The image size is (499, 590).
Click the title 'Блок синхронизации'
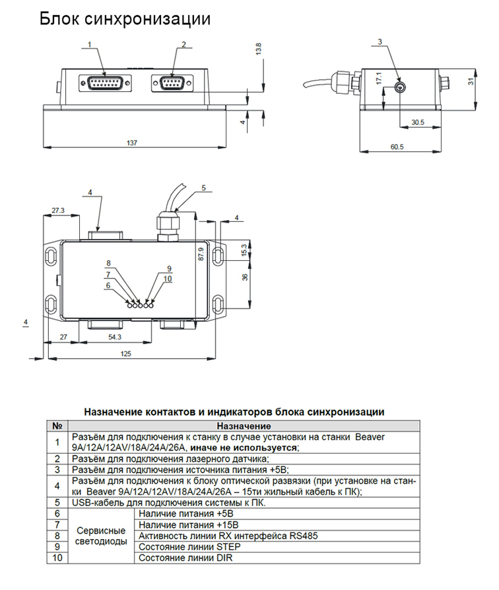(x=125, y=19)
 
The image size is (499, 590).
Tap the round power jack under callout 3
(x=399, y=89)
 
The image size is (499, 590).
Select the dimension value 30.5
(x=417, y=122)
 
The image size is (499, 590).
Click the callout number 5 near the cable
(x=203, y=188)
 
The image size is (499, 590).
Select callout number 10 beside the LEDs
(x=168, y=279)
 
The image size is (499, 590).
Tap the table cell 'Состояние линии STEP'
(x=189, y=547)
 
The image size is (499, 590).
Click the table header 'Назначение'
(x=244, y=426)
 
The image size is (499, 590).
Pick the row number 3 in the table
(x=57, y=469)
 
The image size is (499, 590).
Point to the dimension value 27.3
(x=57, y=210)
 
